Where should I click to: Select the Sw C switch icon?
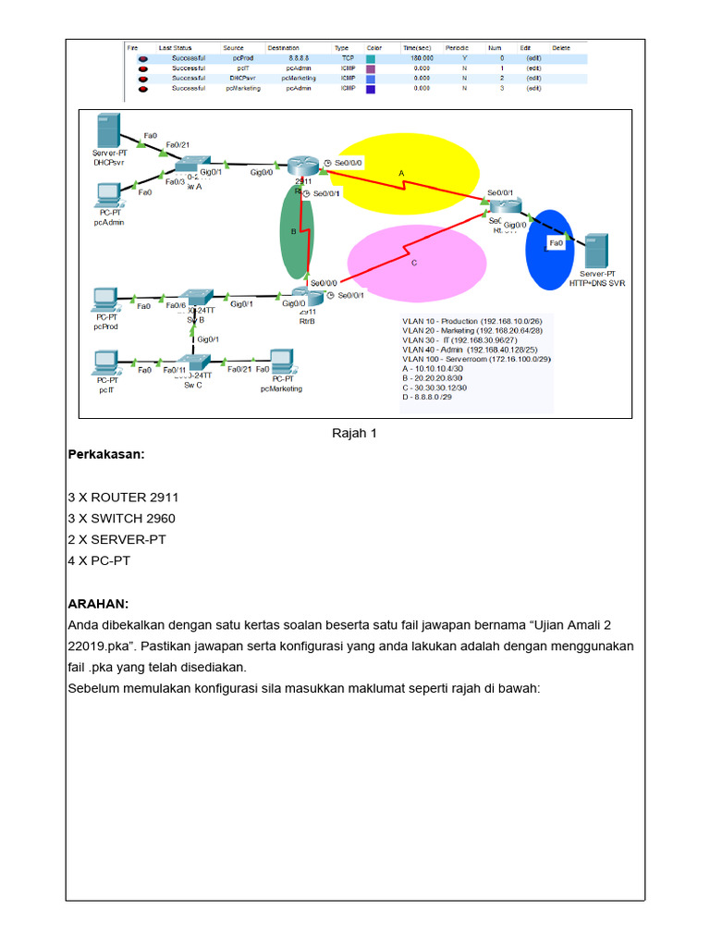[193, 364]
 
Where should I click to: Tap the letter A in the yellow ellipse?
[401, 173]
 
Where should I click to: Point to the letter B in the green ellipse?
[293, 233]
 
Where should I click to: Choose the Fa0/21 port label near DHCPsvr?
[177, 145]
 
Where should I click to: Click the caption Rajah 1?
[354, 433]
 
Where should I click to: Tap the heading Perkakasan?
[106, 455]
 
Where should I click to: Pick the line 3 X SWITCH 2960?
[121, 519]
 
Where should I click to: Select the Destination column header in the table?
[283, 47]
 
